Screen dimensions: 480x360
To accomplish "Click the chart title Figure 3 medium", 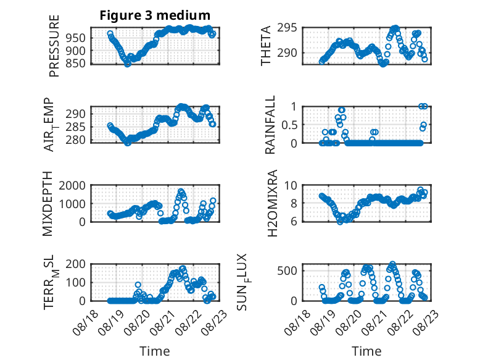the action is tap(155, 15).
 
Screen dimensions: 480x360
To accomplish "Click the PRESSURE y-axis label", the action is tap(54, 46).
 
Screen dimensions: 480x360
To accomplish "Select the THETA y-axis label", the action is tap(266, 46).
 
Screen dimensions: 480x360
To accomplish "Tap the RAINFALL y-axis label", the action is tap(270, 125).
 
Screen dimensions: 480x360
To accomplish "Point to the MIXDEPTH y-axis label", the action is tap(48, 204).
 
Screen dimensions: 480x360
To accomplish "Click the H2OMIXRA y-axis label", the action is tap(272, 203).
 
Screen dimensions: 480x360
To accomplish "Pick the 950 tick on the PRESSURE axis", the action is tap(76, 38).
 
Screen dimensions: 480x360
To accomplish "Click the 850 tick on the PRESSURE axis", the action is tap(76, 64).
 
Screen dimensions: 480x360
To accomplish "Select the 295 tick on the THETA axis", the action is tap(287, 28).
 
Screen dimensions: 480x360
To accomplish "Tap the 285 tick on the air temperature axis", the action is tap(76, 127).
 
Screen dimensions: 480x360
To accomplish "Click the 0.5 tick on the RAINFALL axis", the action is tap(289, 125).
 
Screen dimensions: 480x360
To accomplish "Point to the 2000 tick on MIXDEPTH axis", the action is tap(72, 185).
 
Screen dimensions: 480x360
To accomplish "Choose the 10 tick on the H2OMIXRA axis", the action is tap(291, 185).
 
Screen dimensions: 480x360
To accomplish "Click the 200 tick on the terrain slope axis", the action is tap(76, 264).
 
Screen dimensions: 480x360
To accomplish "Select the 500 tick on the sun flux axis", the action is tap(287, 271).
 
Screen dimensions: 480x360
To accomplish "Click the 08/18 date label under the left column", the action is tap(86, 322).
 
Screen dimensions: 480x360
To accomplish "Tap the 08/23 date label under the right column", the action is tap(426, 322).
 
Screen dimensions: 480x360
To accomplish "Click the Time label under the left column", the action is tap(155, 351).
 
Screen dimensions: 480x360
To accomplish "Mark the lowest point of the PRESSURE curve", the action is tap(128, 64).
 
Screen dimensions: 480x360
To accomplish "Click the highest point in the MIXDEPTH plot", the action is tap(181, 191).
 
